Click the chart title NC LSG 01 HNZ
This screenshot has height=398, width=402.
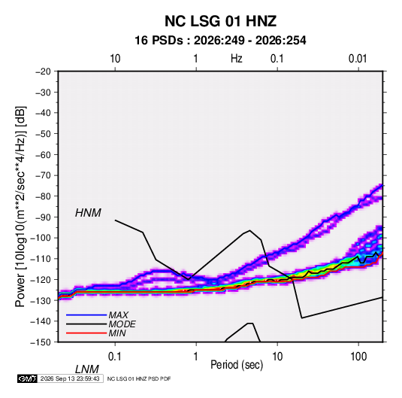[220, 21]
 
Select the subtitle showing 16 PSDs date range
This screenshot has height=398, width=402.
[220, 41]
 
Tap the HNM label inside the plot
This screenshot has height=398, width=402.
[88, 213]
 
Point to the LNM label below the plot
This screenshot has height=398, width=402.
[87, 369]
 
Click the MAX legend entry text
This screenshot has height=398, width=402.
[119, 315]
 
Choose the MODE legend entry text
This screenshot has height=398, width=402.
[122, 324]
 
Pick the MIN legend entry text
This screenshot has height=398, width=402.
[117, 333]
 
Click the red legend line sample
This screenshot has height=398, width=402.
[86, 333]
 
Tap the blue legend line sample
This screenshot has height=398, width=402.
[86, 315]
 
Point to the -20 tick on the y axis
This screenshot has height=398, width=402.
[43, 71]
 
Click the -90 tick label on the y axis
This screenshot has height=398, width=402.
[43, 217]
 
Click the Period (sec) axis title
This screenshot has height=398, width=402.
[237, 365]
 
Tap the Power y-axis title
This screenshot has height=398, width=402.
[20, 207]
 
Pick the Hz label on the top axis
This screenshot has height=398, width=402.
[237, 59]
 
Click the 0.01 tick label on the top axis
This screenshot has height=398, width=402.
[358, 59]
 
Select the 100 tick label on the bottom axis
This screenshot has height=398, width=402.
[358, 357]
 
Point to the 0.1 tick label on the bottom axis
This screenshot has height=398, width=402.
[115, 357]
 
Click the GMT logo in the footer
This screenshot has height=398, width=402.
[28, 378]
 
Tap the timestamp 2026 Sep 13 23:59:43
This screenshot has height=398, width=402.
[70, 378]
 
